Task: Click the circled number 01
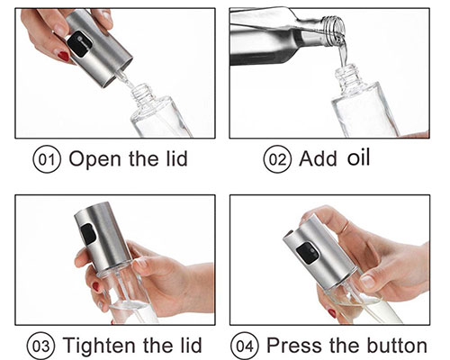[x=47, y=159]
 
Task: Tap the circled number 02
[x=277, y=159]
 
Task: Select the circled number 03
[x=41, y=346]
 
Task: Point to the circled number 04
[x=245, y=346]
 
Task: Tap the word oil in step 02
[x=358, y=157]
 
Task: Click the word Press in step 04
[x=293, y=345]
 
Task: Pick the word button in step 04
[x=397, y=345]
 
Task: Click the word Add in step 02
[x=318, y=158]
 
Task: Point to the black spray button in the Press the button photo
[x=308, y=254]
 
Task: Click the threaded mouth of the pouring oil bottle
[x=333, y=30]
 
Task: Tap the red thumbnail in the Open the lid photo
[x=64, y=56]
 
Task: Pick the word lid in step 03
[x=192, y=345]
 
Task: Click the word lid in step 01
[x=177, y=158]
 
